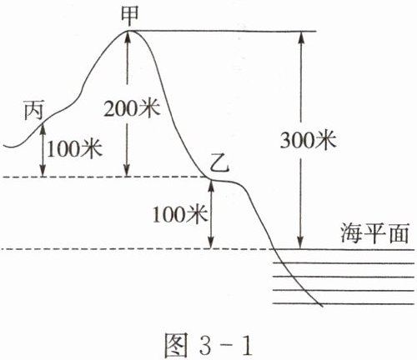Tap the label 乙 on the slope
click(x=219, y=166)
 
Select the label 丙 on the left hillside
click(x=33, y=111)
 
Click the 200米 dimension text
click(x=132, y=108)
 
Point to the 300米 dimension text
click(x=309, y=139)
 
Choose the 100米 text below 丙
click(x=74, y=149)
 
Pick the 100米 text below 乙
click(x=180, y=214)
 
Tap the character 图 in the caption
click(x=174, y=345)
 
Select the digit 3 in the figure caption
click(x=206, y=345)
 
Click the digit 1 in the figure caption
click(x=246, y=345)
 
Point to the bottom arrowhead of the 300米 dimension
click(x=300, y=243)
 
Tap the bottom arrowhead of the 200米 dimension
click(x=127, y=171)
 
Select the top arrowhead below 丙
click(x=43, y=129)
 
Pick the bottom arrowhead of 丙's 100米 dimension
click(x=43, y=171)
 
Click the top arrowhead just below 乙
click(x=211, y=187)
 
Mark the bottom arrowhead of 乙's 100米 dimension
click(x=211, y=242)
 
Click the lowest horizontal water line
click(x=344, y=303)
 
